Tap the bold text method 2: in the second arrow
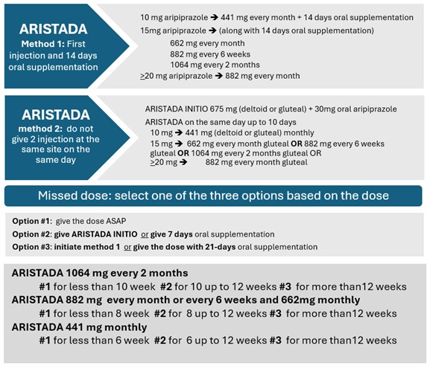point(39,129)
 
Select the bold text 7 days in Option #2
point(183,234)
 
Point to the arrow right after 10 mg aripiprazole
point(214,18)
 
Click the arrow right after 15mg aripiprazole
point(212,31)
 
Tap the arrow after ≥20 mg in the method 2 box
point(183,162)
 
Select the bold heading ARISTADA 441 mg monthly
point(79,327)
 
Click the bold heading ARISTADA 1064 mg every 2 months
point(100,273)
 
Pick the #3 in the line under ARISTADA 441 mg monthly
point(275,341)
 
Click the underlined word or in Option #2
point(145,234)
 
